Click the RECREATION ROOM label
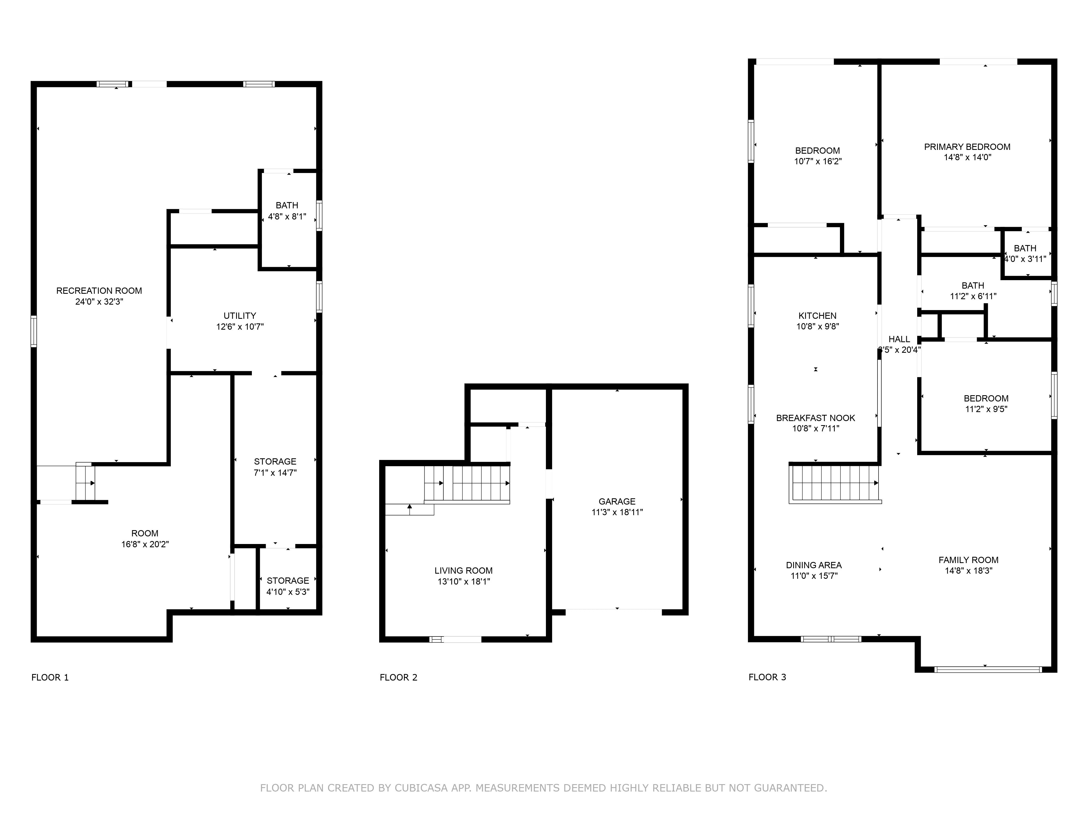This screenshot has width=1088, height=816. pos(99,291)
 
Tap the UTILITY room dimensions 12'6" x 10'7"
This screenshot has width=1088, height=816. pos(240,327)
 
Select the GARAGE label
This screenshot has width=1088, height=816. pos(617,501)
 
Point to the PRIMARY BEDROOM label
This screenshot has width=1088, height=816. pos(967,147)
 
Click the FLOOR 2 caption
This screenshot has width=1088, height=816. pos(398,677)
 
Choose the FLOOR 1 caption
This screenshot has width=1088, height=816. pos(50,677)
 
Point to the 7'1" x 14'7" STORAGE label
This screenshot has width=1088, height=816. pos(275,461)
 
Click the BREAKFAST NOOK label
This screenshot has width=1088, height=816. pos(815,418)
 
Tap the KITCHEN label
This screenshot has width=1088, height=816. pos(817,316)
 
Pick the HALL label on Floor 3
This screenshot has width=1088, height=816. pos(899,339)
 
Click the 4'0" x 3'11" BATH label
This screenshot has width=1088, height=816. pos(1025,248)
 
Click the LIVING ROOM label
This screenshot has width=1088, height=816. pos(463,571)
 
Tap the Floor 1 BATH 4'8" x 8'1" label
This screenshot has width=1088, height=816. pos(287,205)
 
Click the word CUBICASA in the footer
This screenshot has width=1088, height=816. pos(421,788)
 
